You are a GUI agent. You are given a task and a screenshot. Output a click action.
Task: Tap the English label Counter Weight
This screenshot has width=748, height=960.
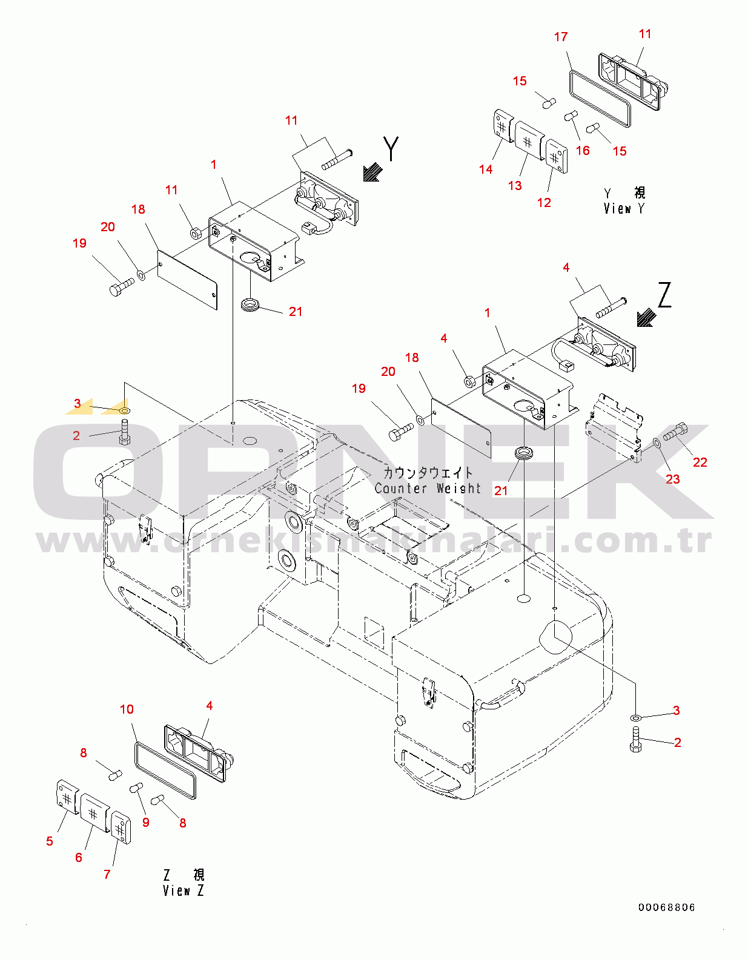428,488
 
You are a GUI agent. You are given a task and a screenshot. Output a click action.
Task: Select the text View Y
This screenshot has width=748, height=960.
624,208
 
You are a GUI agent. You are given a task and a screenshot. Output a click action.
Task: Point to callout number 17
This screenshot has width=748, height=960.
561,37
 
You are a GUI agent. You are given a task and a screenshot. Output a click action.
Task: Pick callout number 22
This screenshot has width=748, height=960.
700,462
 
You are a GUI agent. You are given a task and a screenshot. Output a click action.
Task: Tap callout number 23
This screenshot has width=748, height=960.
672,479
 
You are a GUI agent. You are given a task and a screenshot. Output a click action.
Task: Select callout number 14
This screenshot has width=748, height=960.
485,169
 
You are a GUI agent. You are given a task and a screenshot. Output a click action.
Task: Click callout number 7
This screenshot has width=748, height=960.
107,874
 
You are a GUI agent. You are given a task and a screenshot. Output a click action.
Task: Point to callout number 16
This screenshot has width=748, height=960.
583,151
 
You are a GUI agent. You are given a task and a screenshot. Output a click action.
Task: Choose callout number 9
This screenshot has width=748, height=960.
146,822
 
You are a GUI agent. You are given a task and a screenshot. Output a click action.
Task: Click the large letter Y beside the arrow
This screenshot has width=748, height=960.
391,148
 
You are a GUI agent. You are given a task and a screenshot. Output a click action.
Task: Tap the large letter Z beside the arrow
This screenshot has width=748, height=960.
664,295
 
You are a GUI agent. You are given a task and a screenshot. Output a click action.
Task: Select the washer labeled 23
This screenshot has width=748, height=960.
657,442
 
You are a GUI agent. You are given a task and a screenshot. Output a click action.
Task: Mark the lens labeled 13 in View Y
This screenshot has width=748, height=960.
529,140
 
